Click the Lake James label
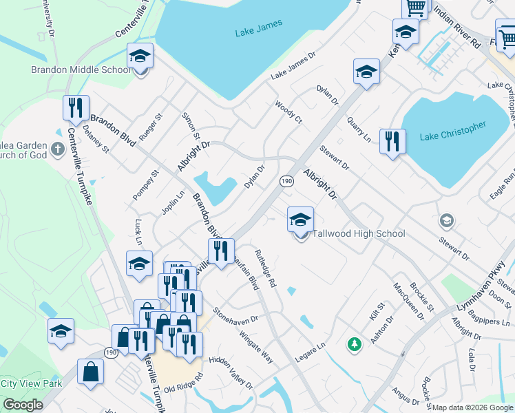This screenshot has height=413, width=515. [254, 32]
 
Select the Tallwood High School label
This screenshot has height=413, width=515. [359, 233]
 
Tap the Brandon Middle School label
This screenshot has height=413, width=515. [81, 70]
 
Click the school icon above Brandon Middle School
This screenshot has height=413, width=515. [140, 57]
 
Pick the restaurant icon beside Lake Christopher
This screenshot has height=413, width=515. [392, 142]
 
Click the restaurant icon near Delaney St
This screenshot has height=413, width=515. [76, 108]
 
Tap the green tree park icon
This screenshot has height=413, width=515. [355, 343]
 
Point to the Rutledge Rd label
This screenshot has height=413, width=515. [266, 268]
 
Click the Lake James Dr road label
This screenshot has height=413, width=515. [292, 65]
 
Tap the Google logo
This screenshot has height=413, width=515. [23, 405]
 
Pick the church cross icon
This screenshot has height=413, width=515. [57, 149]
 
